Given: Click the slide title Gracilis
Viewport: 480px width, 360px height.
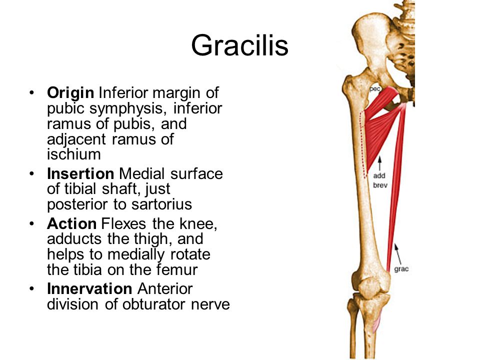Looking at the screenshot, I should pyautogui.click(x=239, y=45).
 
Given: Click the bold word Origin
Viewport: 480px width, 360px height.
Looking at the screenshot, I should pyautogui.click(x=70, y=93).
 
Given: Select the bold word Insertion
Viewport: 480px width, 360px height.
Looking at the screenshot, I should pyautogui.click(x=80, y=174).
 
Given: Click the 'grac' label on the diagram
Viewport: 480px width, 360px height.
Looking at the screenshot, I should pyautogui.click(x=401, y=269).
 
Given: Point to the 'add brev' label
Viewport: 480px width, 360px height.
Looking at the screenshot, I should pyautogui.click(x=380, y=180).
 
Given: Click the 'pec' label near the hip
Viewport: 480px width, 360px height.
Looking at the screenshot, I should pyautogui.click(x=374, y=88).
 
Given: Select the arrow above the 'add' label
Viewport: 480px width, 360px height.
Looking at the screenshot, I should pyautogui.click(x=379, y=162).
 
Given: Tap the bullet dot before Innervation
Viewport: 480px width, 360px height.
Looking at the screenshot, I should pyautogui.click(x=32, y=289).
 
